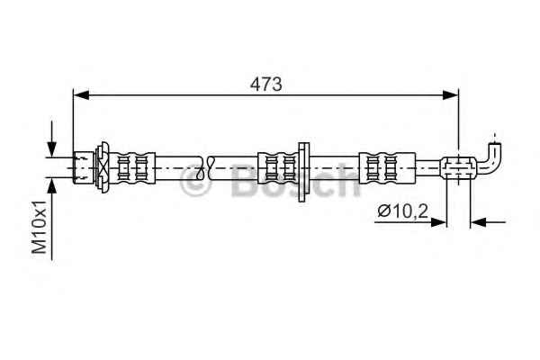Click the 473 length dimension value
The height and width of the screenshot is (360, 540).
point(265,84)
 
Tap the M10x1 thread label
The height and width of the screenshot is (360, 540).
point(40,228)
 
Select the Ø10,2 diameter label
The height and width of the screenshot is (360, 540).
point(402,211)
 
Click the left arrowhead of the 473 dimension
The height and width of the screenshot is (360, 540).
point(81,94)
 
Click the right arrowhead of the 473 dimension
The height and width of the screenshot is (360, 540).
point(451,94)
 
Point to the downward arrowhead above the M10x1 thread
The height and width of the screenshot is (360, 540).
point(51,149)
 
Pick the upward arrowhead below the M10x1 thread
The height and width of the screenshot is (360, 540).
point(51,186)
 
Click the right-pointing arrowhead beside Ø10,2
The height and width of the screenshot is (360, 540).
point(438,222)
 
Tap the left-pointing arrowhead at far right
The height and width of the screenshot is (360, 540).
point(478,222)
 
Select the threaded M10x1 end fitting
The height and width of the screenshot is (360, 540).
point(84,167)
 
